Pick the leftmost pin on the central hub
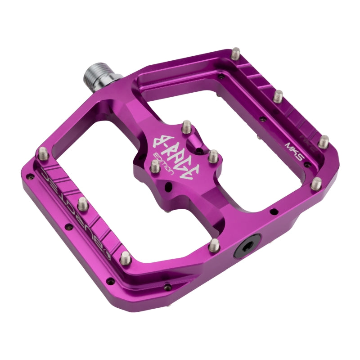pos(154,166)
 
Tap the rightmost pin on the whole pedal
pos(324,141)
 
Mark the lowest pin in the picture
pos(125,257)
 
